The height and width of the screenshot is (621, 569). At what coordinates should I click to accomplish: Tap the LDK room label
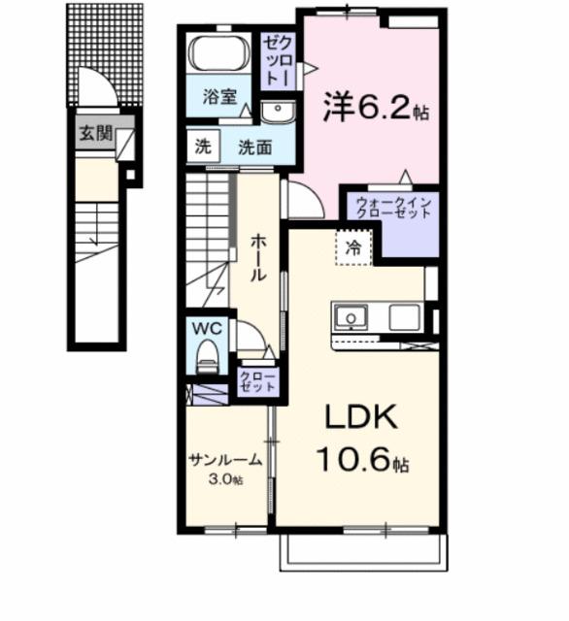(361, 418)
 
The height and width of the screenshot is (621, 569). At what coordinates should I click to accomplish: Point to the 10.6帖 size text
(362, 460)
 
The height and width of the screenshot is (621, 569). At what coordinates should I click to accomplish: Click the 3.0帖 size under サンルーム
(224, 480)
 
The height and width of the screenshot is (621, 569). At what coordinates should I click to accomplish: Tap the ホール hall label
(258, 257)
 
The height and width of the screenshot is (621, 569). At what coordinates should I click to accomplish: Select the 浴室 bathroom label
(219, 97)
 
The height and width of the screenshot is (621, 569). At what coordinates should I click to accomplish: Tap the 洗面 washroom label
(254, 147)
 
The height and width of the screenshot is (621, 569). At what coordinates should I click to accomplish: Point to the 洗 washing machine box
(203, 147)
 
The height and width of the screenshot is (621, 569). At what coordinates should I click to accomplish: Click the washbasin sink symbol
(280, 113)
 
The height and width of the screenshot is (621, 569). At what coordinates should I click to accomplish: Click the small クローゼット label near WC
(257, 380)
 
